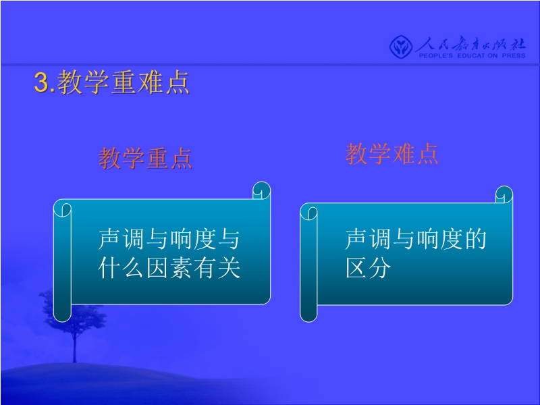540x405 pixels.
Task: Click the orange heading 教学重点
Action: [145, 159]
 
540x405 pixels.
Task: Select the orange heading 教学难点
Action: [391, 154]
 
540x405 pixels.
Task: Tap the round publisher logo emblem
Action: [401, 47]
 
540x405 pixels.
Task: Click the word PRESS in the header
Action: [514, 55]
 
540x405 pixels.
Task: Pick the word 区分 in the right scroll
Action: [368, 267]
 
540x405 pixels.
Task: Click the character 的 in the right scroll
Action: [476, 239]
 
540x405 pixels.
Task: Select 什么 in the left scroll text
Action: [121, 267]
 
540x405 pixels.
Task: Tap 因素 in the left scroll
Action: [169, 267]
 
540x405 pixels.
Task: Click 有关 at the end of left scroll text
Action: [217, 267]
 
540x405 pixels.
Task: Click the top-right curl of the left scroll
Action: [261, 190]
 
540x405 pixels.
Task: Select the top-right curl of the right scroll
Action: [504, 194]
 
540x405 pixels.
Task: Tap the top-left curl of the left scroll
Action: [62, 209]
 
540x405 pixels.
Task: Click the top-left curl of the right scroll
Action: [308, 213]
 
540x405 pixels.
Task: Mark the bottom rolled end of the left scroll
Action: [62, 313]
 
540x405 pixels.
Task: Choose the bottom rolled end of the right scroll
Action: [308, 313]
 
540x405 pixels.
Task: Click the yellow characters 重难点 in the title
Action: [150, 82]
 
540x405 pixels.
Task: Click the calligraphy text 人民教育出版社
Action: [470, 44]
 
